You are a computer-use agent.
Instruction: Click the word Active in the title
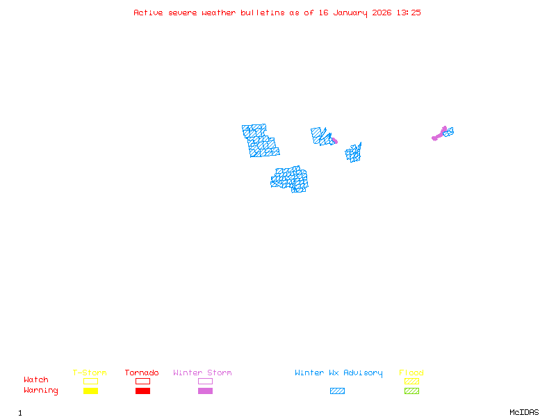148,13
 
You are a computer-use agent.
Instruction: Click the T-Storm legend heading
90,373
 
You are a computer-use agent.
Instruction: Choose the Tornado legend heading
142,373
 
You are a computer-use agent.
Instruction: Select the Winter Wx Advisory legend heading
338,373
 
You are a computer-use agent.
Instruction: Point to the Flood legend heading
411,373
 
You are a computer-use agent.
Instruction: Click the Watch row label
36,380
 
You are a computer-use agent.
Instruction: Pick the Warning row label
41,391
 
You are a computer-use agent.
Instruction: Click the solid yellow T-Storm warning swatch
90,391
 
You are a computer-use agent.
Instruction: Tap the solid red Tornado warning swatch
142,391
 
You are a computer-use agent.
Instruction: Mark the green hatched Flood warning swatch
411,391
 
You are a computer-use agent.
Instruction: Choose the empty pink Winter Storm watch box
205,381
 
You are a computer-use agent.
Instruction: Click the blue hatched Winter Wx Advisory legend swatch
337,391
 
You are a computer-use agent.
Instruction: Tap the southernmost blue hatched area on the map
290,179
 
